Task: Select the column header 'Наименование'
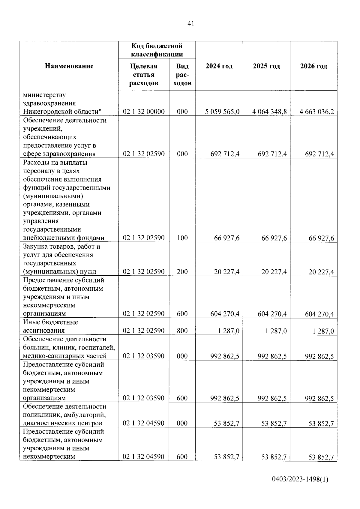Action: (69, 66)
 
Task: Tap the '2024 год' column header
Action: (219, 66)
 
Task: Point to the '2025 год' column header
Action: (266, 66)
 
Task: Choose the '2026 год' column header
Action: (313, 66)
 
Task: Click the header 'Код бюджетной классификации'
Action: (157, 50)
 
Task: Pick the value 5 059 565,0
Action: (222, 112)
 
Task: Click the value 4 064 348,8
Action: (269, 112)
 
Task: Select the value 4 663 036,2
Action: (316, 112)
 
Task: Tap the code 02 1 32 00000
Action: (144, 112)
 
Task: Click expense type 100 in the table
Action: (182, 238)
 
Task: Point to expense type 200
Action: (182, 272)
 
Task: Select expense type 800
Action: (182, 331)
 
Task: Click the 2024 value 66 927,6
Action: (227, 238)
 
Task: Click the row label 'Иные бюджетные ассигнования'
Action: (50, 326)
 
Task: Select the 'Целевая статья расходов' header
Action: (144, 75)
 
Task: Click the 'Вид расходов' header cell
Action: (182, 75)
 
